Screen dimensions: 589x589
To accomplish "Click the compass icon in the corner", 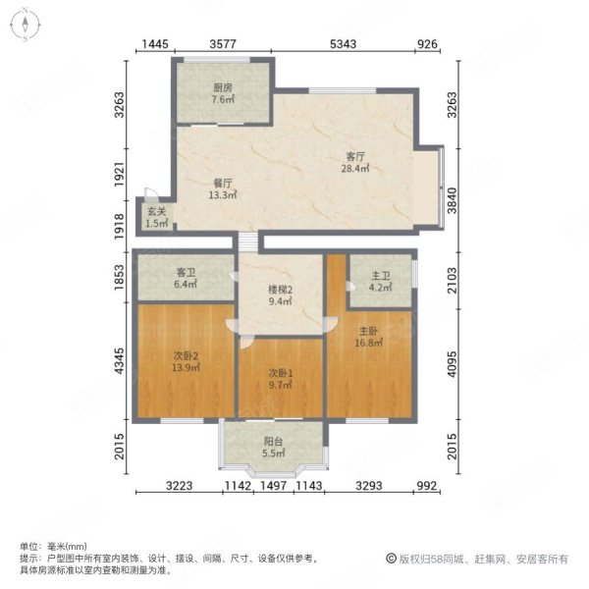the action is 26,25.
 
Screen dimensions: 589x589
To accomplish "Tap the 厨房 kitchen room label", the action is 223,93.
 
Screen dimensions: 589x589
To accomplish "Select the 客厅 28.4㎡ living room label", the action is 355,162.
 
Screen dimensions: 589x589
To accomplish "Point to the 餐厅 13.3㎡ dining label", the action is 223,188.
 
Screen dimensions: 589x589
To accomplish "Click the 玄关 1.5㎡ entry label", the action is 157,218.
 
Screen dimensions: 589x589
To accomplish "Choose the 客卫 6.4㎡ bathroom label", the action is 186,278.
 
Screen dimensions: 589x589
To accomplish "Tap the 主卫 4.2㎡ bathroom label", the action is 381,282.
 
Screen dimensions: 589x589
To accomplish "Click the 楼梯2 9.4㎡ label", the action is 280,295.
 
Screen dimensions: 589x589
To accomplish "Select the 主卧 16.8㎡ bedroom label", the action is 368,337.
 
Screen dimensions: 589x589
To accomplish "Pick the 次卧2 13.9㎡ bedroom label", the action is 186,361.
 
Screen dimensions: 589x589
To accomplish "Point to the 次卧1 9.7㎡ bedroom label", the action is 280,379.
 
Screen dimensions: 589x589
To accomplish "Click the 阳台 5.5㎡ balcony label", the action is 273,447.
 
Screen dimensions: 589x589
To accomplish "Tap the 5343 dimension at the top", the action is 343,44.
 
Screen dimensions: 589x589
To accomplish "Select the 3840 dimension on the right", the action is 453,200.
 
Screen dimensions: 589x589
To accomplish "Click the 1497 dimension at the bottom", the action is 274,486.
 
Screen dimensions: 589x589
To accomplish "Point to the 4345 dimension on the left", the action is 119,360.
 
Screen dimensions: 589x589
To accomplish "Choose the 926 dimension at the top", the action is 428,44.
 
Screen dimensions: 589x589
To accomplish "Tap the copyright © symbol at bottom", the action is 391,559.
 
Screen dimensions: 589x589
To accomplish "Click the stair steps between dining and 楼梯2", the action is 248,241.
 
